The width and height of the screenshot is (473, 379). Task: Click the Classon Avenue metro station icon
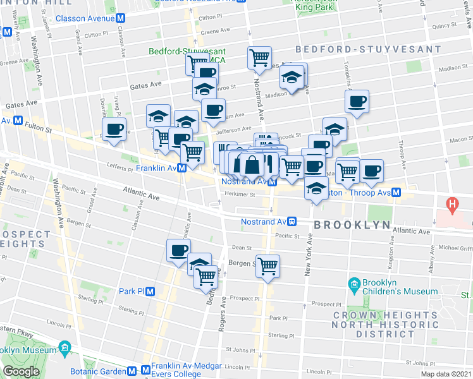pyautogui.click(x=120, y=18)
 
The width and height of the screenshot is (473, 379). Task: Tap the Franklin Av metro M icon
pyautogui.click(x=181, y=168)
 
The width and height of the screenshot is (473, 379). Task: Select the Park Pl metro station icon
pyautogui.click(x=150, y=291)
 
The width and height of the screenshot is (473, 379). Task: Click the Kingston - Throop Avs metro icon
pyautogui.click(x=396, y=192)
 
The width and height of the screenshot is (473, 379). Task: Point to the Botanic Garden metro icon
pyautogui.click(x=132, y=371)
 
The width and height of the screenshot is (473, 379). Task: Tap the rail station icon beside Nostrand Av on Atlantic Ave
pyautogui.click(x=293, y=222)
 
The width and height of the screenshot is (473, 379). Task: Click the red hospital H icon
pyautogui.click(x=452, y=204)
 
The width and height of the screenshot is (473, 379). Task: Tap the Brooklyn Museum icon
pyautogui.click(x=64, y=348)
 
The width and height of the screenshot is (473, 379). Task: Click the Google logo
pyautogui.click(x=21, y=371)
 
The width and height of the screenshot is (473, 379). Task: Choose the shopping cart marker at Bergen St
pyautogui.click(x=267, y=265)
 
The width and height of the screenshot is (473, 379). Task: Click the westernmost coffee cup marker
pyautogui.click(x=114, y=129)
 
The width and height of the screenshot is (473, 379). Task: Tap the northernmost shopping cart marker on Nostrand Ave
pyautogui.click(x=259, y=58)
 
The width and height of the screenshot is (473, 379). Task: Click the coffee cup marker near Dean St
pyautogui.click(x=178, y=251)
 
